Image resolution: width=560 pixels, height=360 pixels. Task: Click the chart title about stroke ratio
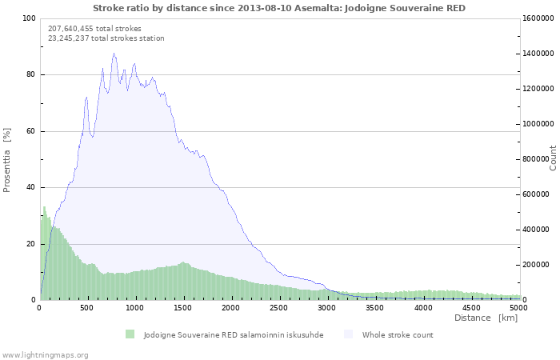click(278, 8)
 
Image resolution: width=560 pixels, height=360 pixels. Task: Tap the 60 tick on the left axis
click(31, 131)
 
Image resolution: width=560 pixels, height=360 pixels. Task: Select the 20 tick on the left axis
click(31, 244)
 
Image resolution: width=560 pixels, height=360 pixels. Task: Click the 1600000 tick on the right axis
click(539, 18)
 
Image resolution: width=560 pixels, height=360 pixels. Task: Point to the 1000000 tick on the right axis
click(539, 124)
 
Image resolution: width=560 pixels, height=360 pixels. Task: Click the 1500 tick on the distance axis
click(183, 307)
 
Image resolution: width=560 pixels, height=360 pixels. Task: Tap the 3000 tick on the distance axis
click(327, 307)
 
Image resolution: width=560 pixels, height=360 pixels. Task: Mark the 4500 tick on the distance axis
click(471, 307)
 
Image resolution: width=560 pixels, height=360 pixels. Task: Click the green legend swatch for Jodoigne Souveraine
click(130, 334)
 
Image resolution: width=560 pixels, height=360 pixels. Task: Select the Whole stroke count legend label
click(398, 334)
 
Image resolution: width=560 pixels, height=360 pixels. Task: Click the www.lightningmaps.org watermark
click(45, 354)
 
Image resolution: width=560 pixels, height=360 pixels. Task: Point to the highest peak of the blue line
click(114, 54)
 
